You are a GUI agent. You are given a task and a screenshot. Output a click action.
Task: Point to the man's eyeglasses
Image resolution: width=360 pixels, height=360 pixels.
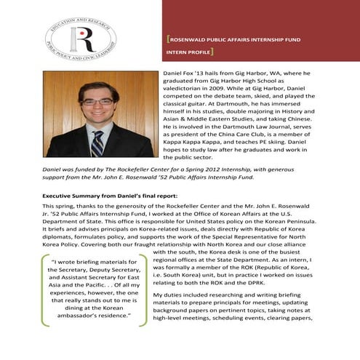click(97, 102)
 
